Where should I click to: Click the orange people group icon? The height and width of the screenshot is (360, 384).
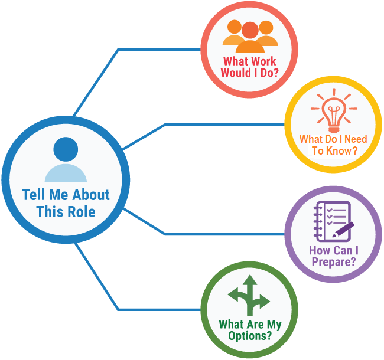pyautogui.click(x=250, y=37)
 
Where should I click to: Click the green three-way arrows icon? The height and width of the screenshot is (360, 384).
pyautogui.click(x=249, y=295)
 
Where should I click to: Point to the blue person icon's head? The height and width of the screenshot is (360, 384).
pyautogui.click(x=66, y=150)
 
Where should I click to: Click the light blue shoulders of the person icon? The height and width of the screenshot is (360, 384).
pyautogui.click(x=66, y=173)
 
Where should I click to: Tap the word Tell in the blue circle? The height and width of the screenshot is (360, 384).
pyautogui.click(x=35, y=195)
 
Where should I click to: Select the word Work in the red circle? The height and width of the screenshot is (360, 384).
pyautogui.click(x=263, y=61)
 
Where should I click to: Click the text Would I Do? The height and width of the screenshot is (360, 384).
pyautogui.click(x=250, y=73)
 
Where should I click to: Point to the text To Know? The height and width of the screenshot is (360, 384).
pyautogui.click(x=334, y=150)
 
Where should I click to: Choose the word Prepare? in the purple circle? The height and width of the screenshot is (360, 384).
pyautogui.click(x=333, y=261)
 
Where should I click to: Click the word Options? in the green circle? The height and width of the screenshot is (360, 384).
pyautogui.click(x=250, y=336)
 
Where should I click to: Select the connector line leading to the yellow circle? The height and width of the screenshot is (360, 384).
pyautogui.click(x=224, y=125)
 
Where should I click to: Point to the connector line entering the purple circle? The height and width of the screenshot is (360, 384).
pyautogui.click(x=224, y=234)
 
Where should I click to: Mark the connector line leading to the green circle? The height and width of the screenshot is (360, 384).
pyautogui.click(x=160, y=309)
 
